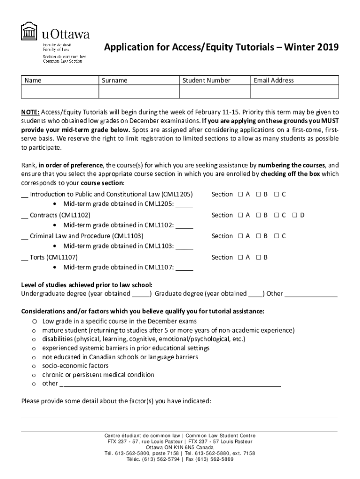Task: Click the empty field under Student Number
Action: click(215, 92)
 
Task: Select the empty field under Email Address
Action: click(294, 92)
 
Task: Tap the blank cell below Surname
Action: click(139, 92)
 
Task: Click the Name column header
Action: click(33, 80)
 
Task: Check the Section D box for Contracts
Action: click(295, 216)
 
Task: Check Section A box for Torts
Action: click(240, 258)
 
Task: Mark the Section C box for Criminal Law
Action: click(277, 237)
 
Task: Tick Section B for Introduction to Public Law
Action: click(258, 195)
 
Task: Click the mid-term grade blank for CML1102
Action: click(185, 225)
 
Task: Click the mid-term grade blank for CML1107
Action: click(185, 268)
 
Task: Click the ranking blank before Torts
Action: click(24, 258)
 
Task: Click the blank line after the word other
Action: click(171, 384)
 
